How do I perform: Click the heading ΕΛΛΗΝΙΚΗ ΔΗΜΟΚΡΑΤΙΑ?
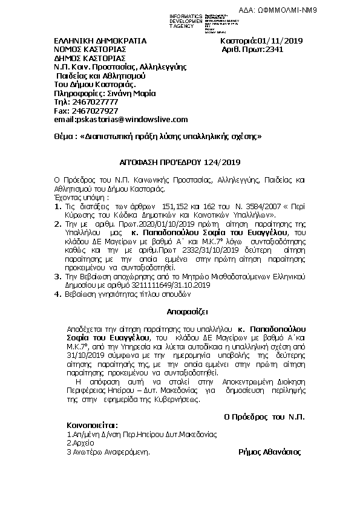pyautogui.click(x=91, y=41)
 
